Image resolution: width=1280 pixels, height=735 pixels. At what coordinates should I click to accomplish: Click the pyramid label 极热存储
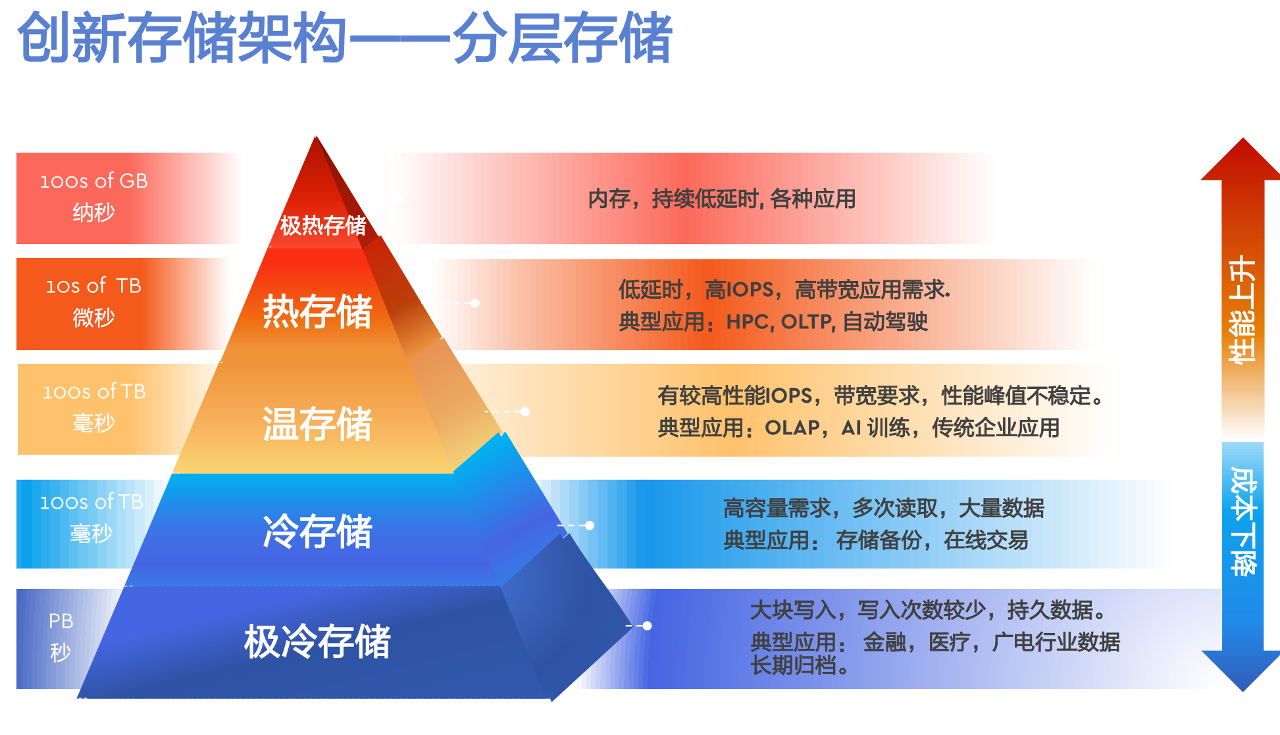[x=323, y=226]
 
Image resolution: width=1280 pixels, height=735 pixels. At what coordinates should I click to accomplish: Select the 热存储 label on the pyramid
[x=318, y=311]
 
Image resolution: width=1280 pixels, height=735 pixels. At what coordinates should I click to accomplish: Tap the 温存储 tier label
[x=318, y=423]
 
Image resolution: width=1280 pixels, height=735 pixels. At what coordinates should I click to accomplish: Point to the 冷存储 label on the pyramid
[x=318, y=531]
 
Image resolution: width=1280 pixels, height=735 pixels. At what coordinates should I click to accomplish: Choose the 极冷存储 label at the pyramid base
[x=318, y=642]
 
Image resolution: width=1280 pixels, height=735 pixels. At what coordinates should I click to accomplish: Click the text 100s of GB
[x=94, y=181]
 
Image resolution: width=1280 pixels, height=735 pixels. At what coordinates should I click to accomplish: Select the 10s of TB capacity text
[x=93, y=286]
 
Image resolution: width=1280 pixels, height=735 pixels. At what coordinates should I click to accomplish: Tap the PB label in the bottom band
[x=61, y=621]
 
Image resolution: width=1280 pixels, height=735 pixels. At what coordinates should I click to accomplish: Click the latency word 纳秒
[x=93, y=213]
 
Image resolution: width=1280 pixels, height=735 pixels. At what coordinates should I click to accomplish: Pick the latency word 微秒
[x=93, y=318]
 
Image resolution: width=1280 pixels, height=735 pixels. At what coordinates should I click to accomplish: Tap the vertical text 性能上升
[x=1242, y=309]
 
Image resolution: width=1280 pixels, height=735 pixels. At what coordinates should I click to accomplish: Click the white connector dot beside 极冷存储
[x=647, y=626]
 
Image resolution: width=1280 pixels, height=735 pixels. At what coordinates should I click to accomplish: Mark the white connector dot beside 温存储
[x=525, y=412]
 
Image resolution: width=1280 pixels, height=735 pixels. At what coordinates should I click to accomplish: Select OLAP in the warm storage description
[x=792, y=428]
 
